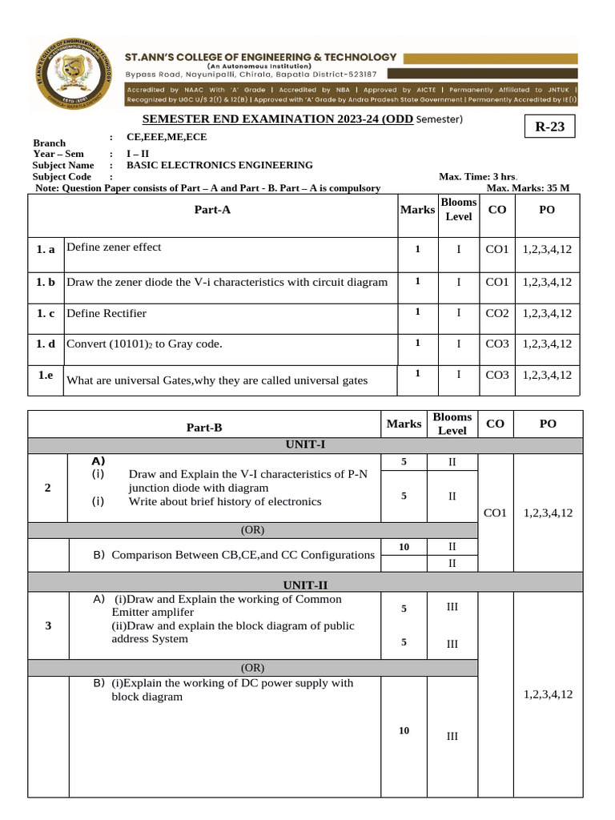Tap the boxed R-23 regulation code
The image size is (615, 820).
tap(549, 127)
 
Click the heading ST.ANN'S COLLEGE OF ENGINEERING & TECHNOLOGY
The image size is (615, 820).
tap(261, 57)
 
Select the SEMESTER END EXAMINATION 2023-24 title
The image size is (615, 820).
tap(278, 119)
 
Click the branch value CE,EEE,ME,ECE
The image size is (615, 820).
tap(172, 137)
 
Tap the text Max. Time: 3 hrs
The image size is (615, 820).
tap(478, 176)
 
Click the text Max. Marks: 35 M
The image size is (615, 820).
tap(528, 188)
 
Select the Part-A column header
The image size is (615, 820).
tap(212, 210)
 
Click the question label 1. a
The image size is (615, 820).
tap(46, 250)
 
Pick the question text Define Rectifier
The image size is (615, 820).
tap(107, 313)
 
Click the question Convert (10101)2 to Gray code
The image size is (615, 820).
tap(144, 344)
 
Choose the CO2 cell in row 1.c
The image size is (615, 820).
tap(497, 313)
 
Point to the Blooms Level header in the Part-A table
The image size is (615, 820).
tap(459, 210)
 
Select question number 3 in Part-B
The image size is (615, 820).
tap(49, 625)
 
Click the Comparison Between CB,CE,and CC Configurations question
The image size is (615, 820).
tap(243, 554)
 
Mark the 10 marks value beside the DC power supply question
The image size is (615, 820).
tap(404, 730)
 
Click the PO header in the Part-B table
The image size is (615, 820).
tap(548, 424)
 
